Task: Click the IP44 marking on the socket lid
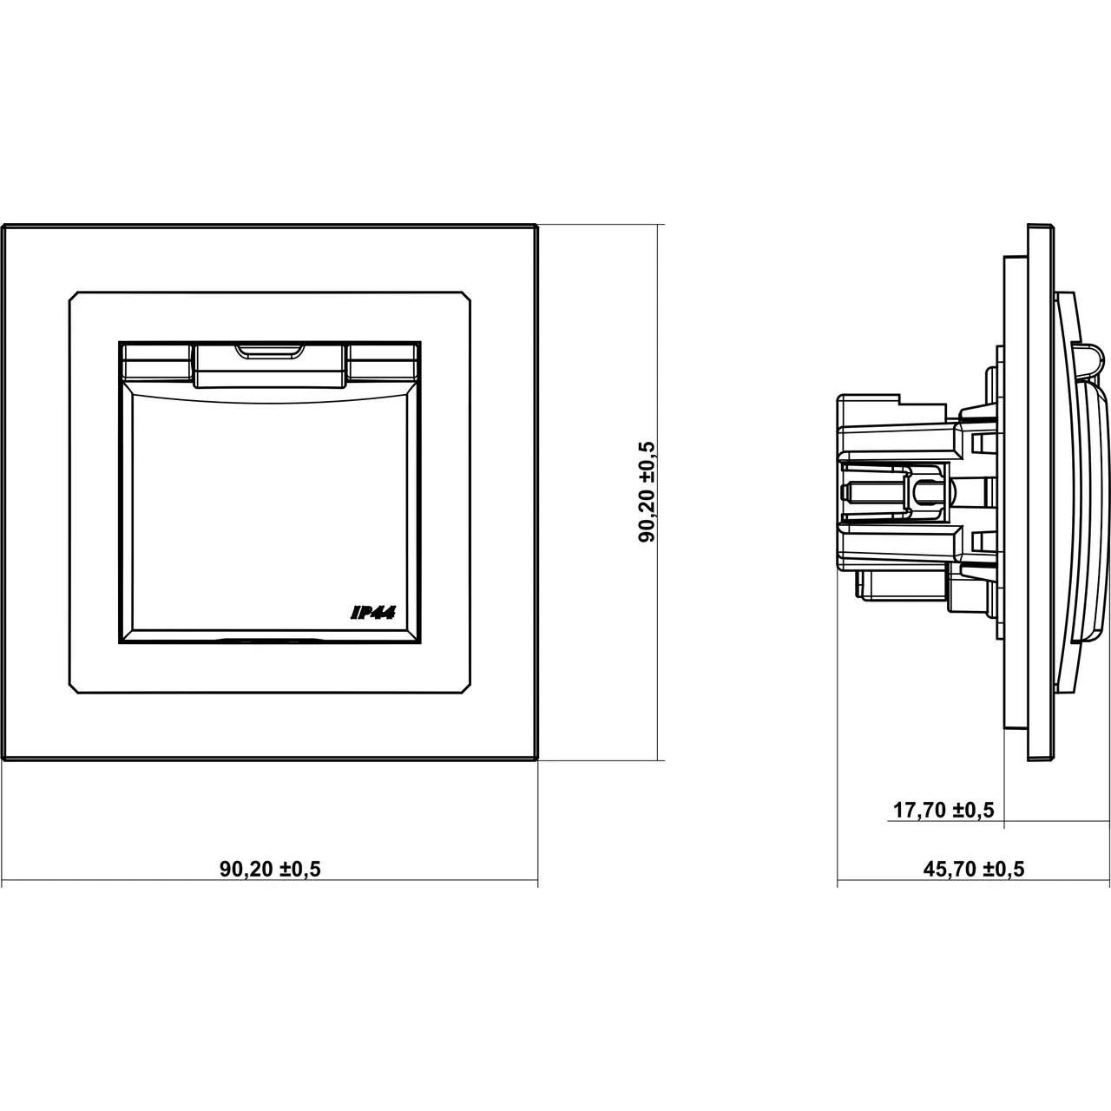click(x=372, y=614)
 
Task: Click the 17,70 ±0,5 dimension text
click(x=943, y=810)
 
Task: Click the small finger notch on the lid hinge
click(x=269, y=351)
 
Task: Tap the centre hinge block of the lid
click(x=269, y=365)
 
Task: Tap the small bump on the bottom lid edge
click(x=269, y=640)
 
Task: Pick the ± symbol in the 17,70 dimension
click(x=960, y=811)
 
